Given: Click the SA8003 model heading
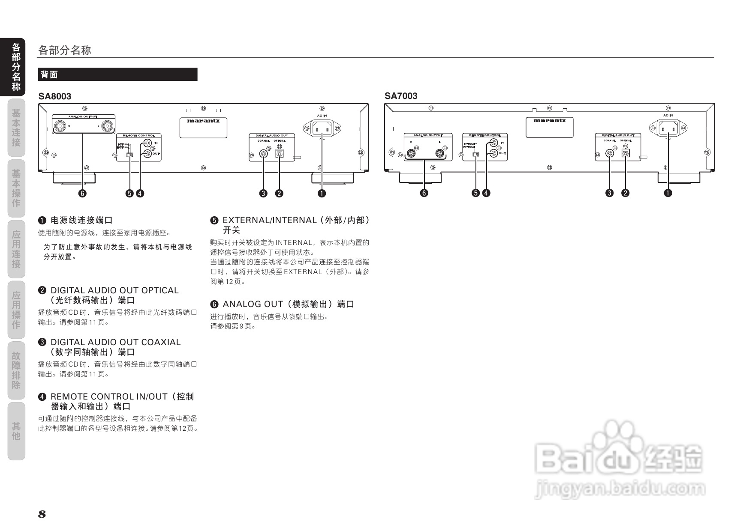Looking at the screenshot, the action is (55, 96).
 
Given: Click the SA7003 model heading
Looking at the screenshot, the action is (401, 96).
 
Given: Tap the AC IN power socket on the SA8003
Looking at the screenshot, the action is (322, 128).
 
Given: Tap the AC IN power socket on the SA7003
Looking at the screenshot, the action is (668, 128).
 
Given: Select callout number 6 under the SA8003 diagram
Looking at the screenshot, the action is (82, 193).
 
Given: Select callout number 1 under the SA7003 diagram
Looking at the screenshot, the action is (668, 193).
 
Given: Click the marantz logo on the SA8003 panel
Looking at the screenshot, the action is (203, 121).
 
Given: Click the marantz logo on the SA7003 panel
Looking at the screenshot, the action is (549, 121).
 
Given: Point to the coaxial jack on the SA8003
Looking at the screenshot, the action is (264, 153).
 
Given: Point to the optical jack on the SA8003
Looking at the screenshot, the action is (280, 153).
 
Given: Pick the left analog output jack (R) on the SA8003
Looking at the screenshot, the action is (60, 126).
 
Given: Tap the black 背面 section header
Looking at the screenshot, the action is (117, 75).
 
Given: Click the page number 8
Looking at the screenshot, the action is (42, 514).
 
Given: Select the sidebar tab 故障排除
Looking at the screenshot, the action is (16, 370).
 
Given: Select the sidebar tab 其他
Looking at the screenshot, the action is (16, 431).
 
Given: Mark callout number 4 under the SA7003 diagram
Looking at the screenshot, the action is (486, 193).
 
